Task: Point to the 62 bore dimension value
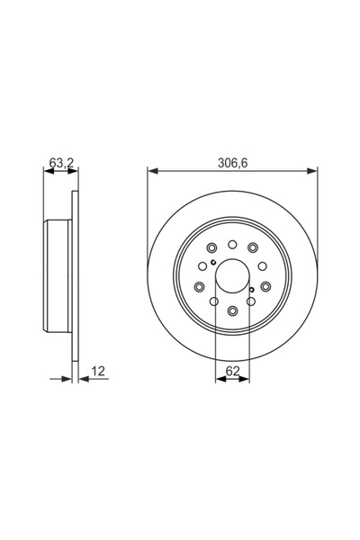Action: [232, 369]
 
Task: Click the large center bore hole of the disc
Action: [232, 276]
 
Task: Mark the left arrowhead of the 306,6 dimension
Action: [151, 169]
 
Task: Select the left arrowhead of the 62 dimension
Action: [219, 380]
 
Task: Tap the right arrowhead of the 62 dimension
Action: [245, 380]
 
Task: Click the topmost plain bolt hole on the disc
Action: [232, 242]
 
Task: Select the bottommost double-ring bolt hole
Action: [232, 311]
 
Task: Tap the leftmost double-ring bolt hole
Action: [198, 287]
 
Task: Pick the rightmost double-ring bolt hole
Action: [266, 287]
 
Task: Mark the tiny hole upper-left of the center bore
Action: [212, 264]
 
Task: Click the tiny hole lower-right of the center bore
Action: [252, 290]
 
